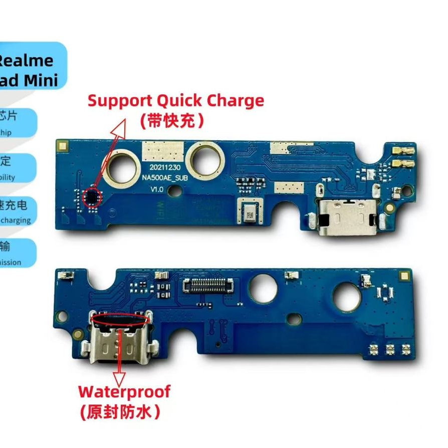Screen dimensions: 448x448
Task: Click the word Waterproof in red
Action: (124, 391)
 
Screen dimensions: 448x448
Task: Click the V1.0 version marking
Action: (158, 189)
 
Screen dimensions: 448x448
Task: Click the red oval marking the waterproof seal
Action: (120, 318)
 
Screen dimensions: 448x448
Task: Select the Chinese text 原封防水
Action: (120, 412)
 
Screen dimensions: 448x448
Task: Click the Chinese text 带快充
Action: (172, 121)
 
